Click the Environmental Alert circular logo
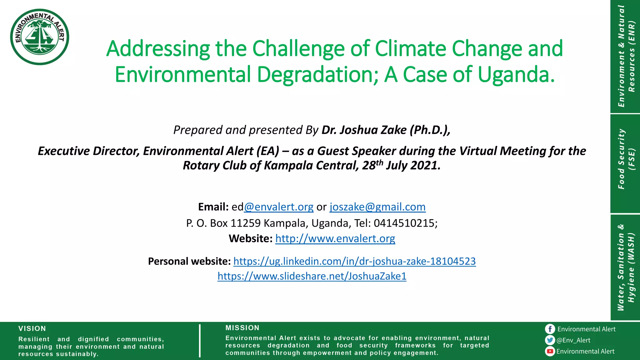pos(40,37)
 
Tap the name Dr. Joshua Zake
pos(364,130)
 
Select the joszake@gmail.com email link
pos(377,207)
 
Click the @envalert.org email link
pos(279,207)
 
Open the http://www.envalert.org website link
pos(335,239)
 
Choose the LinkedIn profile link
pos(354,261)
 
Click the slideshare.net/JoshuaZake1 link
pos(312,276)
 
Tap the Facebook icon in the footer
pos(550,329)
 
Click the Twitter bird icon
pos(550,340)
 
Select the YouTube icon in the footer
pos(550,351)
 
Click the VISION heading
pos(32,329)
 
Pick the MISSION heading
pos(242,328)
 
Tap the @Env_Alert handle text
pos(573,340)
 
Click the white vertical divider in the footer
pos(200,341)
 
